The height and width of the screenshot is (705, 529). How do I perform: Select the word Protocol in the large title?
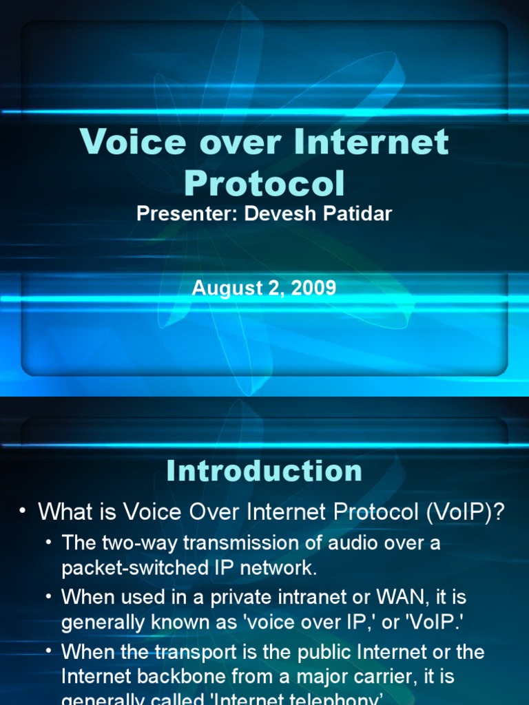(264, 182)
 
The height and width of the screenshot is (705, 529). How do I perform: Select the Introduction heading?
(264, 471)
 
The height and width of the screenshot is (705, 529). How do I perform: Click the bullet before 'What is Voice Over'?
(23, 512)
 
